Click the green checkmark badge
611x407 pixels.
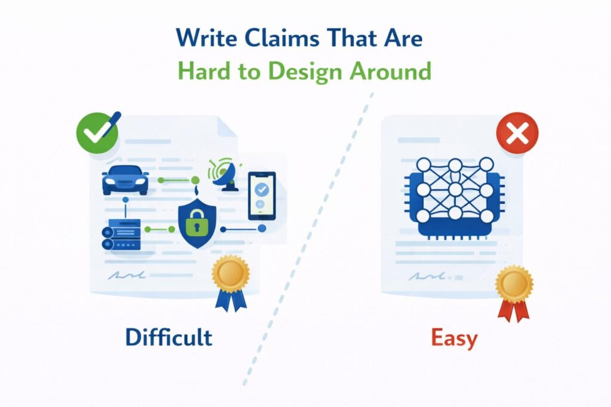(x=93, y=132)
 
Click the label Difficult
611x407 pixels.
(x=168, y=337)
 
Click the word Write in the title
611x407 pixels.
(x=206, y=39)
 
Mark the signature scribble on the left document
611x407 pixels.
(x=128, y=275)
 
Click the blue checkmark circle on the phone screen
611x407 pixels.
(x=262, y=189)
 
